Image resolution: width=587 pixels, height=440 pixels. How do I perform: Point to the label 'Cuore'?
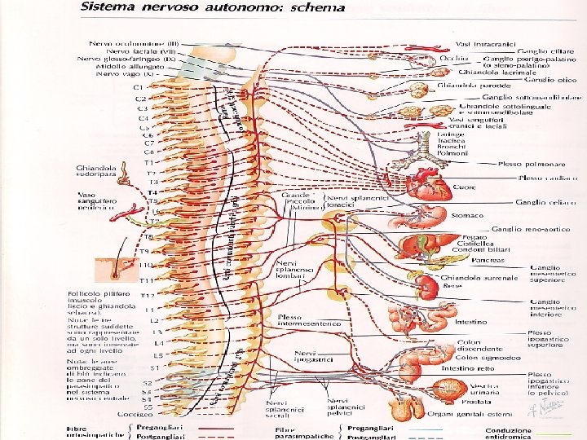click(464, 187)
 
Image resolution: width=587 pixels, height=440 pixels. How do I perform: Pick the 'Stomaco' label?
click(464, 216)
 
